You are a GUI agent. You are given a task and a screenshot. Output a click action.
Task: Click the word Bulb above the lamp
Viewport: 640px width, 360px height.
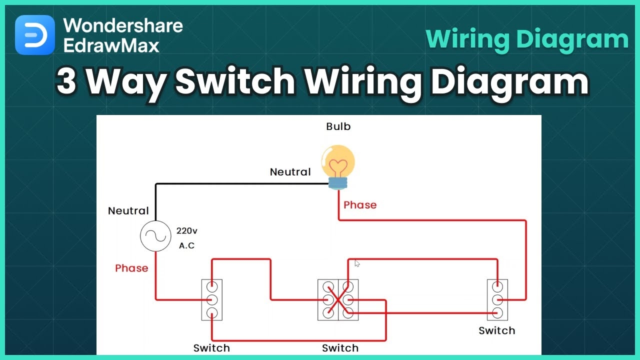tap(338, 126)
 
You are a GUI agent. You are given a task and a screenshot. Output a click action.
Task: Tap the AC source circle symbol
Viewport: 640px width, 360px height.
tap(155, 236)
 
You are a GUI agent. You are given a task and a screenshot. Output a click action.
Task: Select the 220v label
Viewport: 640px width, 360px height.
tap(187, 231)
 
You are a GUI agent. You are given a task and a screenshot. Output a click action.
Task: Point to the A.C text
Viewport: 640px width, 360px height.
tap(186, 246)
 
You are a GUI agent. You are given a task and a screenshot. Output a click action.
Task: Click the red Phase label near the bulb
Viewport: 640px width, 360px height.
tap(360, 205)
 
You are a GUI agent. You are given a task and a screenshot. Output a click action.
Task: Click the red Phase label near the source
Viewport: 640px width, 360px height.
tap(131, 268)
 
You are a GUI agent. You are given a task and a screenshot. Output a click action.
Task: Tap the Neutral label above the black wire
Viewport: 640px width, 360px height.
tap(290, 172)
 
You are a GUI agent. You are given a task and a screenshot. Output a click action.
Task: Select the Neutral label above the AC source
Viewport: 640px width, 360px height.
tap(128, 211)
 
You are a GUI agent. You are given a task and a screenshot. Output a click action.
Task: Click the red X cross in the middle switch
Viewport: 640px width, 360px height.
tap(338, 300)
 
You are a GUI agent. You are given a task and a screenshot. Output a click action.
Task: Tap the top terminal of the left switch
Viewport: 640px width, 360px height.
tap(212, 287)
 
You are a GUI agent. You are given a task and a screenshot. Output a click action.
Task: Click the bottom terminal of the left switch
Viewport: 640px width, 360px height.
tap(212, 313)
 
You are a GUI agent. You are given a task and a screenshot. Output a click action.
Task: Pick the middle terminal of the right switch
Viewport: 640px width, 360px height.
tap(497, 300)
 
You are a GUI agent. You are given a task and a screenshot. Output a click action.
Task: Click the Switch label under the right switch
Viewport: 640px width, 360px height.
tap(496, 330)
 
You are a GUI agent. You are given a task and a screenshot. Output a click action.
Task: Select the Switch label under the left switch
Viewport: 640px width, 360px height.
tap(211, 348)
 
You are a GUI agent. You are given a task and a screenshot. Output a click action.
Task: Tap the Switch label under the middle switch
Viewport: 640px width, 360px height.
tap(340, 348)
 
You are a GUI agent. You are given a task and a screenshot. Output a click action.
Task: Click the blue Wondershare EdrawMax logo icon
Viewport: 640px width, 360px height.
tap(34, 34)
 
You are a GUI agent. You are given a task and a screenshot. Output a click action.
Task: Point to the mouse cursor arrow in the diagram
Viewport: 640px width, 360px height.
tap(357, 263)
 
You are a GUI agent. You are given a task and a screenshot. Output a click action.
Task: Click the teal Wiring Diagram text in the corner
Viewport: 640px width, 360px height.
tap(527, 39)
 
